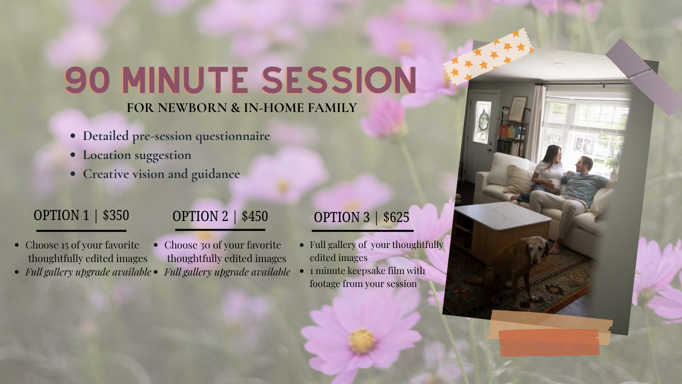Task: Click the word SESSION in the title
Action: point(339,80)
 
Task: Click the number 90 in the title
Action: point(87,80)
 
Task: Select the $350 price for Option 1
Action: point(116,215)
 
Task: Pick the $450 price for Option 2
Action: point(255,216)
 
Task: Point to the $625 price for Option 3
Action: point(396,217)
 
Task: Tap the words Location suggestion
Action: point(137,155)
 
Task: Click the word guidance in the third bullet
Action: point(216,174)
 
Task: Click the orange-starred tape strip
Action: point(488,57)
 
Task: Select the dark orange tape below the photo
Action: point(549,342)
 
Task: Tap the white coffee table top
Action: point(502,215)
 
